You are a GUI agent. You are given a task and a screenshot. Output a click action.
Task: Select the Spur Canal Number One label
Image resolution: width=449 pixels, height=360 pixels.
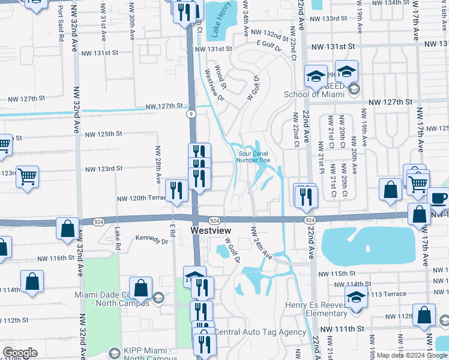[x=253, y=156]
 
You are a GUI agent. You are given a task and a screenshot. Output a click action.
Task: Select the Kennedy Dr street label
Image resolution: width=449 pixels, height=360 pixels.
[x=152, y=241]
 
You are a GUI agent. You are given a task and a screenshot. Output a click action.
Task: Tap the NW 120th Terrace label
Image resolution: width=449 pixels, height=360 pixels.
[x=141, y=197]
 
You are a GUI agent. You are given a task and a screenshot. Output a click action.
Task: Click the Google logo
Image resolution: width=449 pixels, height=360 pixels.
[x=20, y=353]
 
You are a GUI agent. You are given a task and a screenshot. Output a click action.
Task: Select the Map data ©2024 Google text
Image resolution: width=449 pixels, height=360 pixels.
[x=411, y=355]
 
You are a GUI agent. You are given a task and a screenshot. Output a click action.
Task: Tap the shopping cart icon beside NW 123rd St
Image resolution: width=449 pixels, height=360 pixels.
[x=28, y=176]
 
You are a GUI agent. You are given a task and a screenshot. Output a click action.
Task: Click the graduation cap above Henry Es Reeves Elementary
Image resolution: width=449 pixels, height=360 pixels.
[x=356, y=296]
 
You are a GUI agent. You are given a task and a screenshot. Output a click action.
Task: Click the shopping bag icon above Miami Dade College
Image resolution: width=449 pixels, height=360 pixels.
[x=140, y=288]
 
